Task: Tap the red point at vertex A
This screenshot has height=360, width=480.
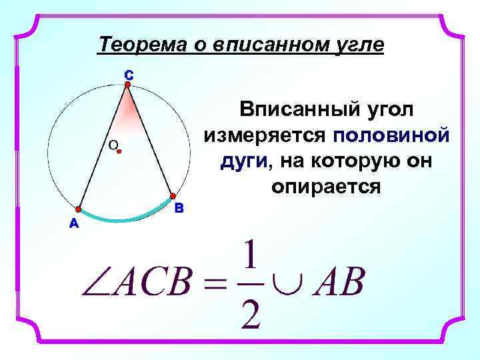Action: (x=79, y=209)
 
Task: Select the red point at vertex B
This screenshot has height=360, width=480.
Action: (x=172, y=197)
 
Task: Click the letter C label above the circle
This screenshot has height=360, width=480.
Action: (x=128, y=75)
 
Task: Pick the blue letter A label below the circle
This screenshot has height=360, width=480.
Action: (x=73, y=223)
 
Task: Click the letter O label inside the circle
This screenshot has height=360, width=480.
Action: (x=112, y=145)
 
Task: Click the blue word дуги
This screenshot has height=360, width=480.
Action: (x=244, y=161)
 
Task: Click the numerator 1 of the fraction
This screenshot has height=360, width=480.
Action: (x=250, y=257)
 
